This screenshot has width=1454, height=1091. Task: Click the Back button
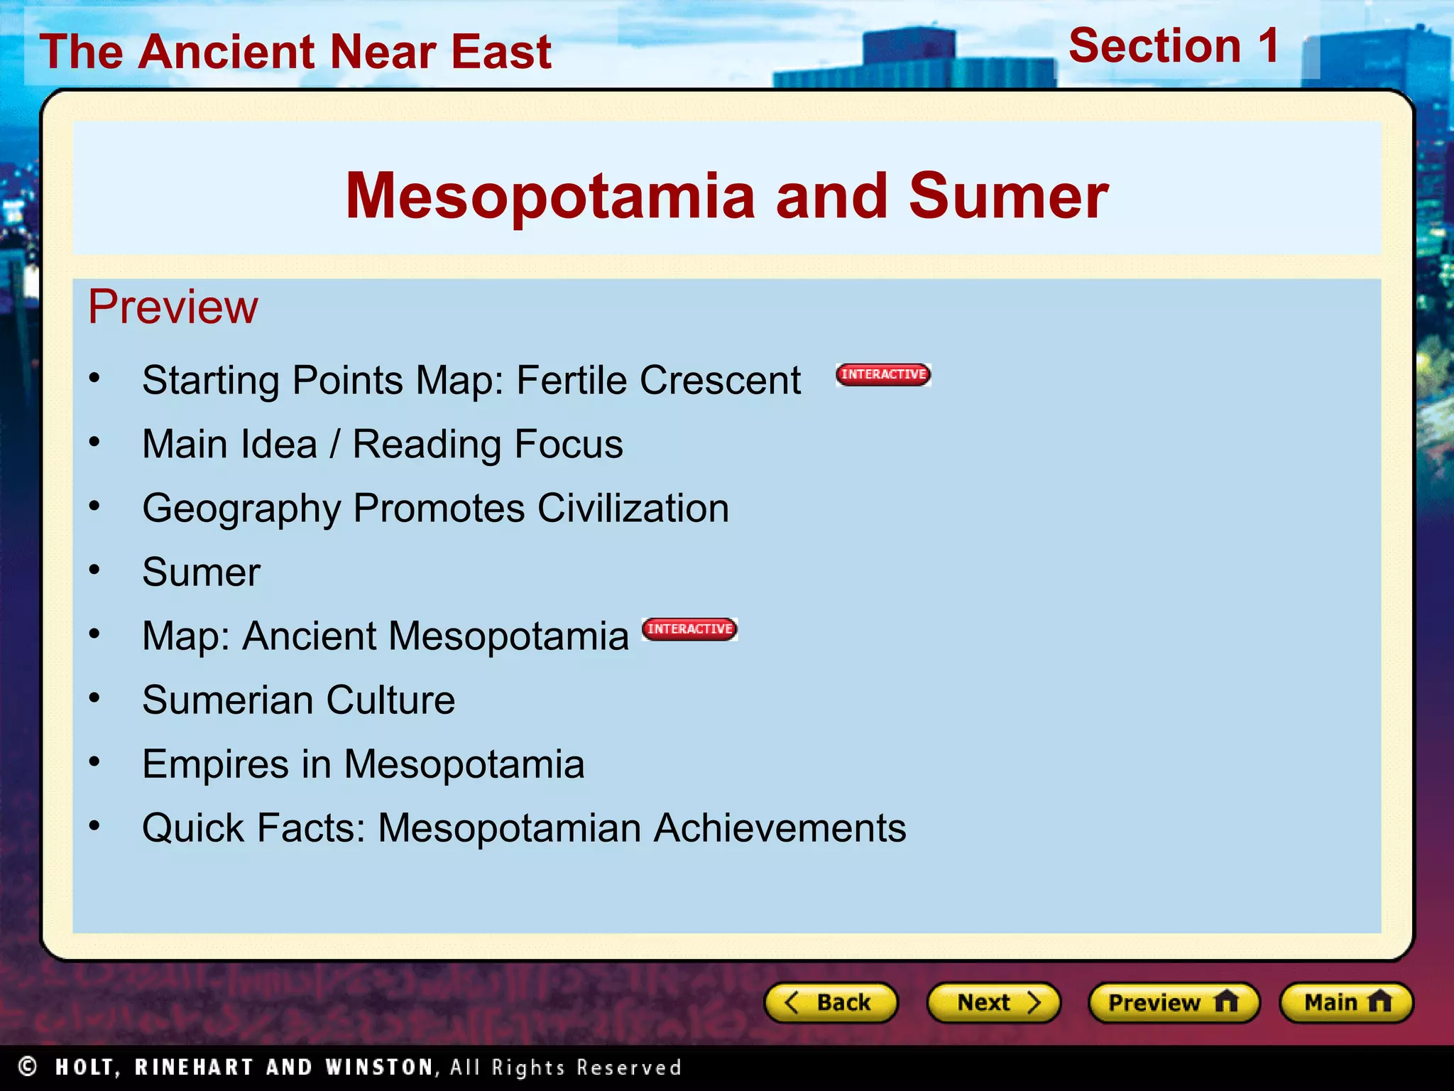click(830, 1002)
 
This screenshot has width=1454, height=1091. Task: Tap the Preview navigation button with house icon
click(1174, 1002)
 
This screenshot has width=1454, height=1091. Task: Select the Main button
click(1345, 1002)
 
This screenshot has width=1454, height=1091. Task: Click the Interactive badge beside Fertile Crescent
click(883, 374)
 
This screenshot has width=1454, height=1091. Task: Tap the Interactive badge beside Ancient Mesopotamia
click(689, 629)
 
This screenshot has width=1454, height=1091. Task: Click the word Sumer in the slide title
click(1008, 196)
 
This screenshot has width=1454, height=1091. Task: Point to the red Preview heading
click(173, 307)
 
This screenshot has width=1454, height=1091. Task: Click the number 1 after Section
click(1268, 46)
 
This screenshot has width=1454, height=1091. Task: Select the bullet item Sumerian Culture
click(298, 700)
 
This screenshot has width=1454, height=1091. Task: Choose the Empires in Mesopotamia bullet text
click(363, 764)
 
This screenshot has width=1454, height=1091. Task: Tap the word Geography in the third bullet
click(241, 509)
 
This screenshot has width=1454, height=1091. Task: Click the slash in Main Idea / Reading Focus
click(334, 445)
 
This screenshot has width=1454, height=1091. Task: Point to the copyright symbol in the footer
click(28, 1066)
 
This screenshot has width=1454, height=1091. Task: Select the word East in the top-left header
click(501, 52)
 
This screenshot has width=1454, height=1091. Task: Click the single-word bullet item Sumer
click(201, 572)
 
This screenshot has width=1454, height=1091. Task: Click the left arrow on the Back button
click(792, 1002)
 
